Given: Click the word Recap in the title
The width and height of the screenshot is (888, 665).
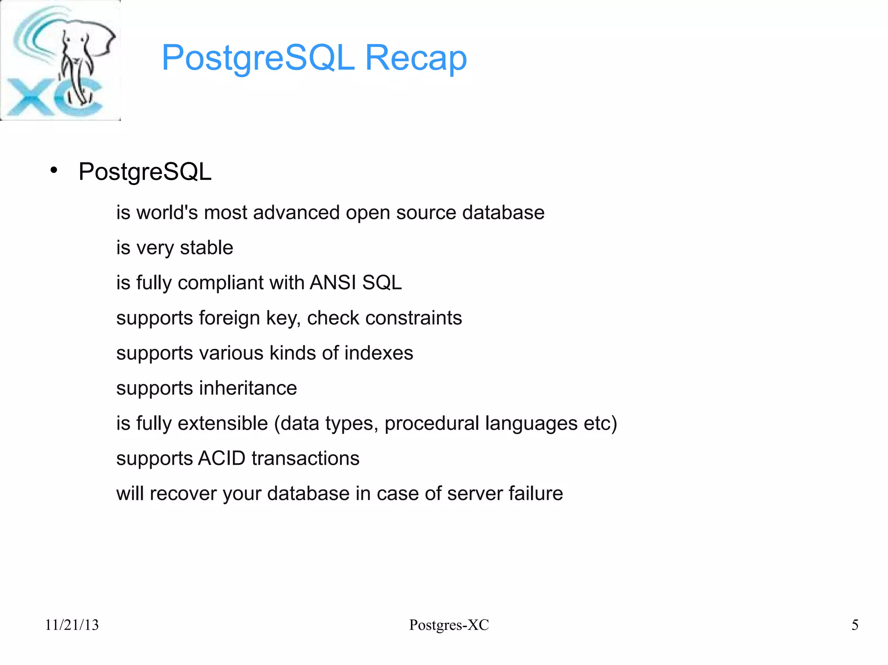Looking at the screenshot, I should [416, 58].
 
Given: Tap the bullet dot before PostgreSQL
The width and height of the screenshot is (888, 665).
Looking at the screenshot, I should [54, 170].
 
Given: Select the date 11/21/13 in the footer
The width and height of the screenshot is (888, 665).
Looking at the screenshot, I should [72, 625].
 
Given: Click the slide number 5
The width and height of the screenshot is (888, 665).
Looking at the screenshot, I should [855, 625].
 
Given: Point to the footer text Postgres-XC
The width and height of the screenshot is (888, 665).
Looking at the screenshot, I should [449, 625].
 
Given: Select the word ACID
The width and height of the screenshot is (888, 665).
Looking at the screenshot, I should [222, 458].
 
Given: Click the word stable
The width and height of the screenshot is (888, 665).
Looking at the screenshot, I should [206, 248].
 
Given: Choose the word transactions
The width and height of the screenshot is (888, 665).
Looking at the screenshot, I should [305, 458].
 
